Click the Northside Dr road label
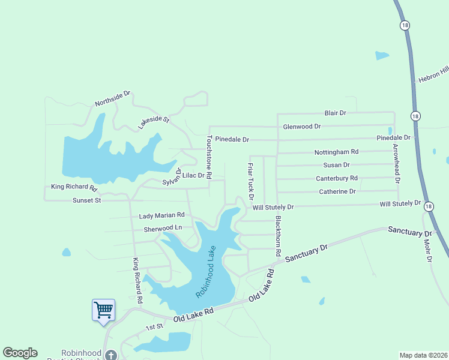tap(112, 99)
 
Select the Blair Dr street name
tap(336, 113)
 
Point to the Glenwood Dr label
tap(302, 127)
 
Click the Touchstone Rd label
tap(209, 157)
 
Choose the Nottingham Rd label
tap(336, 152)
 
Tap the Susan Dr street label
tap(336, 165)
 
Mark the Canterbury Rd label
tap(336, 178)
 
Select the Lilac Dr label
tap(193, 175)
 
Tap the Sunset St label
tap(86, 200)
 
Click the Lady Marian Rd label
tap(161, 215)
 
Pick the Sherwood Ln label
tap(163, 229)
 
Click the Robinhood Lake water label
tap(205, 272)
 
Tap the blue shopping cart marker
tap(103, 311)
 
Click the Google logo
tap(20, 353)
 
